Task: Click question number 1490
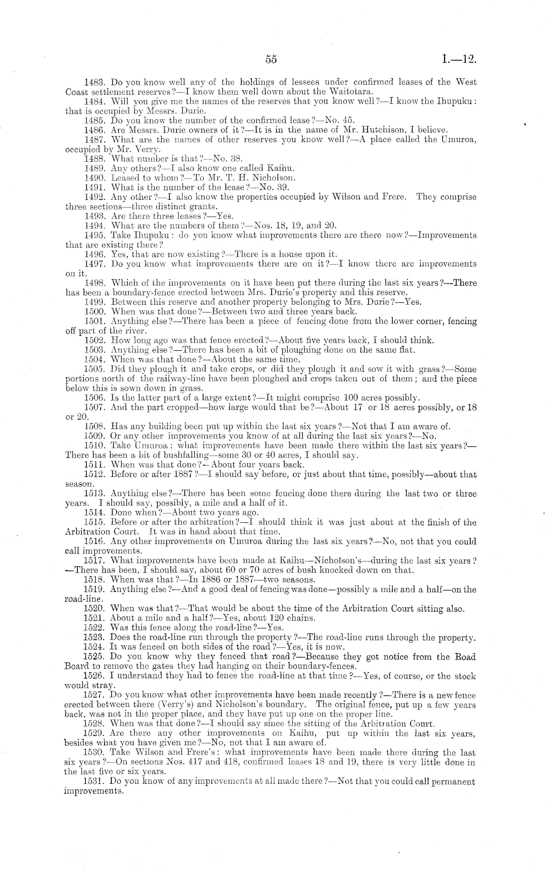point(95,178)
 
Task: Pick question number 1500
point(95,312)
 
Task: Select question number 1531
point(95,782)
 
